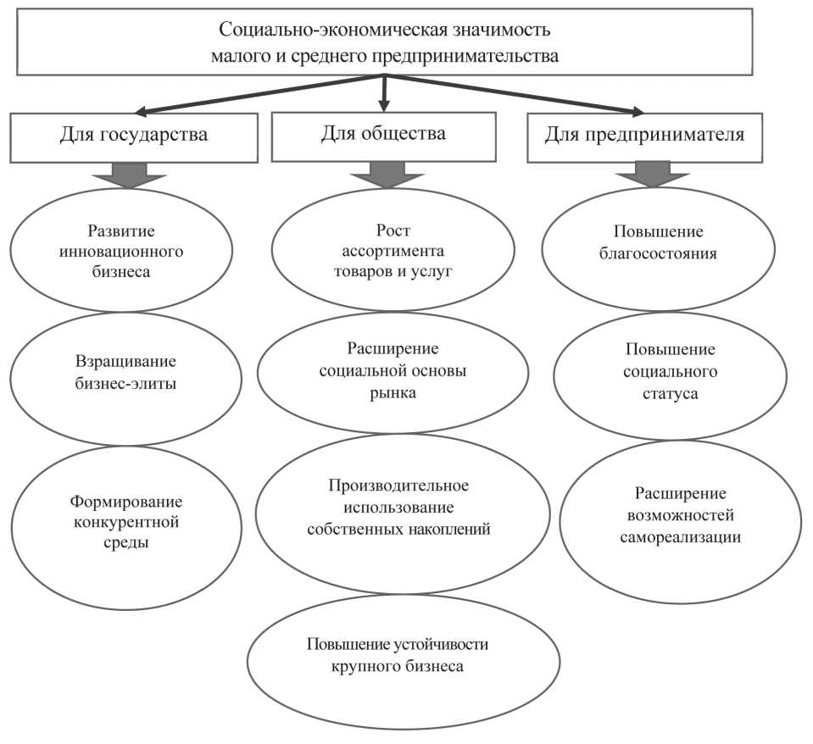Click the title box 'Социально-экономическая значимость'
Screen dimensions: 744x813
tap(385, 42)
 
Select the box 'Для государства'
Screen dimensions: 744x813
tap(134, 136)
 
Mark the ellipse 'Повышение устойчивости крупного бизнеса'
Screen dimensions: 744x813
tap(404, 656)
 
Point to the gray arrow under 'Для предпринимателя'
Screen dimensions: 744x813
tap(653, 173)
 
